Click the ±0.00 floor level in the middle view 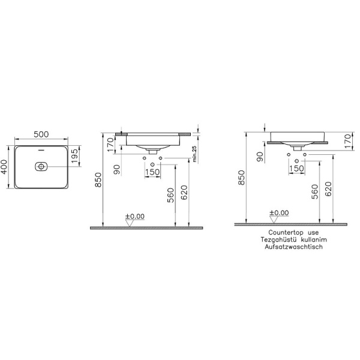134,215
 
